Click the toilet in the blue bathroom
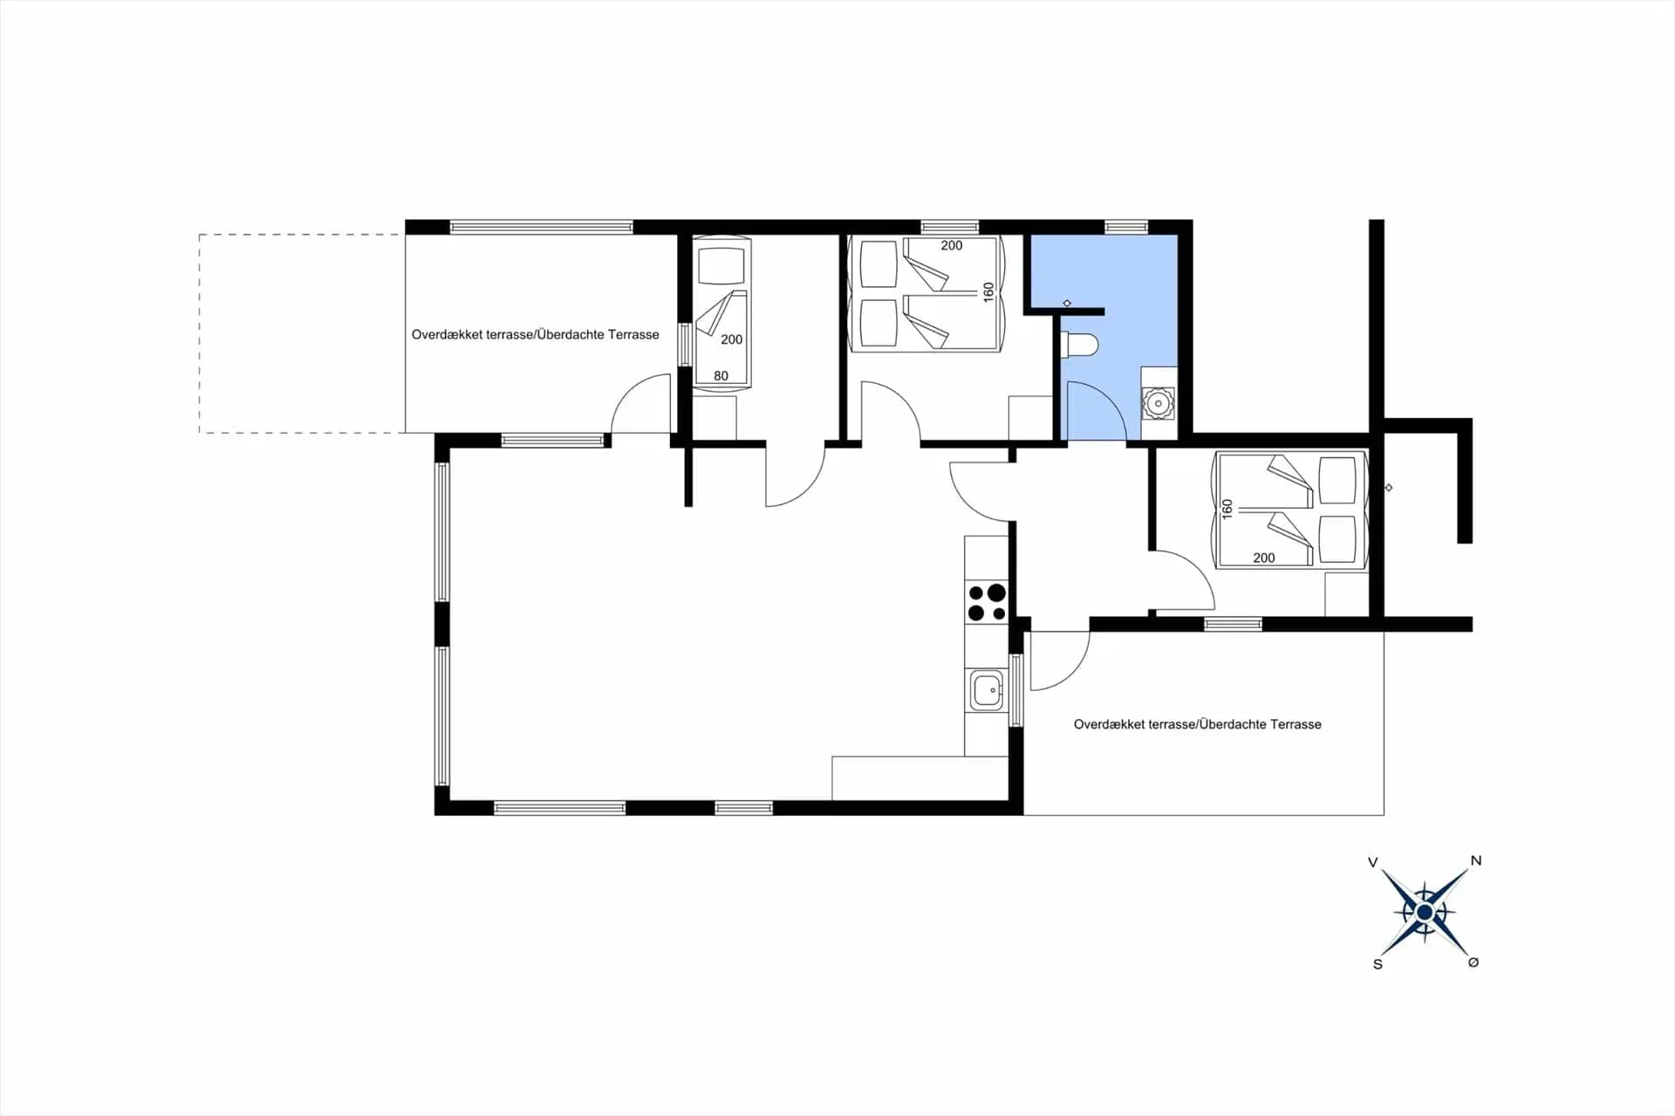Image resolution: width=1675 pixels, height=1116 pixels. [1078, 346]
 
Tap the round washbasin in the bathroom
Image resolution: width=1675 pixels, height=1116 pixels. [1158, 403]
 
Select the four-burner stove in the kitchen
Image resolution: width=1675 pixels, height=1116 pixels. [987, 602]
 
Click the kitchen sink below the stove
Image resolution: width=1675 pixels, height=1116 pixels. [988, 690]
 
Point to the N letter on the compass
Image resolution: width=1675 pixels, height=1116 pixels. [1476, 860]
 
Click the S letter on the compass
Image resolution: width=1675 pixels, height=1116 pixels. [1378, 964]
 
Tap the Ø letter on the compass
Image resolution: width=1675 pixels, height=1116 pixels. [1473, 962]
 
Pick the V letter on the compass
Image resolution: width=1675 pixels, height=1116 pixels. [1373, 862]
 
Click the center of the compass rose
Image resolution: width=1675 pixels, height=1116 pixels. [1425, 913]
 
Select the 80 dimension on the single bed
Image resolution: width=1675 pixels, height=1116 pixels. [721, 376]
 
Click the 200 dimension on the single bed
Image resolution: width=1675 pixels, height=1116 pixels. [731, 339]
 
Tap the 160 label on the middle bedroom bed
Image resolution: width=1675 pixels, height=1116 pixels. [988, 291]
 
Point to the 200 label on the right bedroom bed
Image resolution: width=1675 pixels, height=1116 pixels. [1263, 558]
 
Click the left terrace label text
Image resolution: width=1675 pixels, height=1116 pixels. [535, 334]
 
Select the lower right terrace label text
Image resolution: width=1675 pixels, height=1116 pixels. [1197, 724]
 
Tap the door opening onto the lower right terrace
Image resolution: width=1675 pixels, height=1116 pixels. [1060, 661]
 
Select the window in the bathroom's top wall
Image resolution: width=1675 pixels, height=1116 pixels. [1126, 227]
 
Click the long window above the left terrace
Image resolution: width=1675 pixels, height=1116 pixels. [542, 227]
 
